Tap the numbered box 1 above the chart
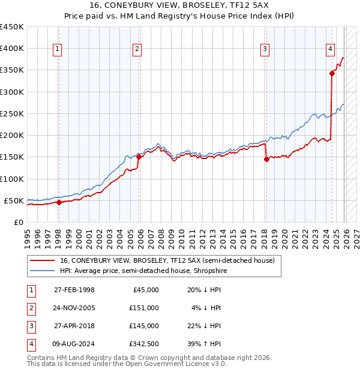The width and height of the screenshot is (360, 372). pos(58,49)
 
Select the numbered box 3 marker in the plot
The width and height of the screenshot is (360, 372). pos(265,49)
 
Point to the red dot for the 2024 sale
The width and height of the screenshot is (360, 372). pos(332,74)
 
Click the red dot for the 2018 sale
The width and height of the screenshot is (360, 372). pos(266,159)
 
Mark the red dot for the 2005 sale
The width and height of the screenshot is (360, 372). pos(139,157)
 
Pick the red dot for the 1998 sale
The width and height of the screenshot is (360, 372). pos(59,202)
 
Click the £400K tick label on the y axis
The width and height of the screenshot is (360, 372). pos(11,49)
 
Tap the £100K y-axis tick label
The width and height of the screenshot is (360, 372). pos(11,179)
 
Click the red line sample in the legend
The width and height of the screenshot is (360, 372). pos(43,260)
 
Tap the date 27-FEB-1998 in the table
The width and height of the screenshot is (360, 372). pos(74,289)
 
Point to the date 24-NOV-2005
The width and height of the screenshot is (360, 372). pos(74,308)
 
